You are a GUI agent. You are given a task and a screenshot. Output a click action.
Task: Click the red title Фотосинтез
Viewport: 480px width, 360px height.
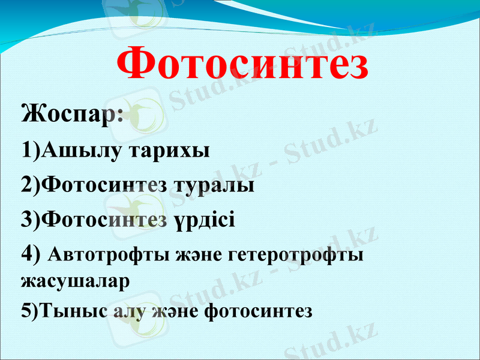click(x=242, y=64)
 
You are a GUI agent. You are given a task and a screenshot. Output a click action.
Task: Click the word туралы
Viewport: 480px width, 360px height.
click(x=214, y=185)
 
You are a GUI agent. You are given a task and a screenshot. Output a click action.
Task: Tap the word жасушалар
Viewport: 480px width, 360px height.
click(x=75, y=281)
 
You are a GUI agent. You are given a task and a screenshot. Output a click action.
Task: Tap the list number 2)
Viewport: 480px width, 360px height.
click(x=31, y=185)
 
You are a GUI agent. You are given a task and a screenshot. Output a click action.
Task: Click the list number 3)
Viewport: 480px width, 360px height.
click(x=31, y=220)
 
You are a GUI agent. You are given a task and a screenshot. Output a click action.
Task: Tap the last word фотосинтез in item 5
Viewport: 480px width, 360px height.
click(x=258, y=311)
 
